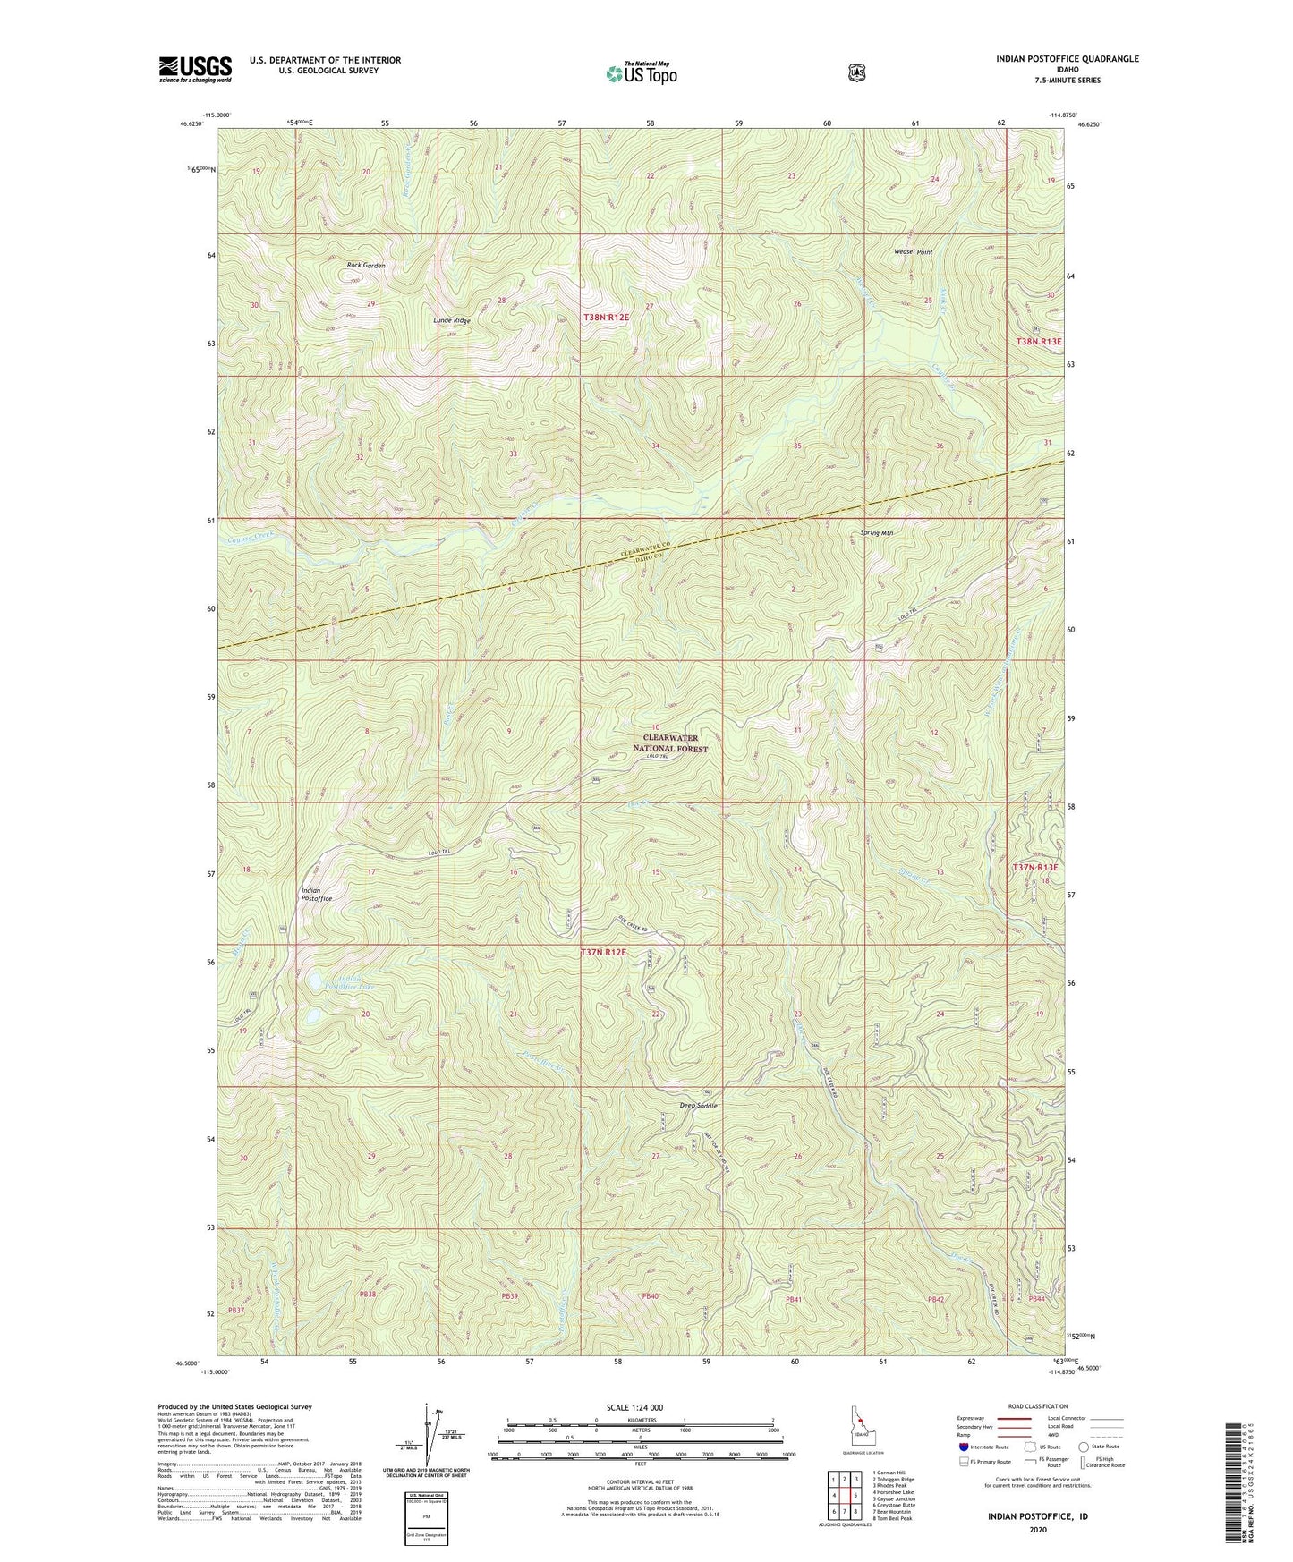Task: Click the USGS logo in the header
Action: pyautogui.click(x=195, y=69)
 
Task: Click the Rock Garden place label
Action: pyautogui.click(x=366, y=266)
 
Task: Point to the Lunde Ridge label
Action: pyautogui.click(x=452, y=320)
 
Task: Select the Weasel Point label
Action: pyautogui.click(x=913, y=252)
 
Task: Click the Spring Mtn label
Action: pyautogui.click(x=876, y=532)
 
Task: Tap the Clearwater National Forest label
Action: pyautogui.click(x=670, y=743)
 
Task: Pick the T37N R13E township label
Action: pyautogui.click(x=1035, y=867)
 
